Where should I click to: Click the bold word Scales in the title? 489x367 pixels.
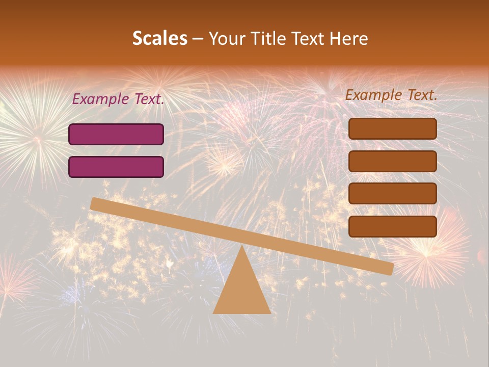(159, 39)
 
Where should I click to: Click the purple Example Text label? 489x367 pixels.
(118, 99)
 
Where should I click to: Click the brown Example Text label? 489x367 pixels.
(391, 95)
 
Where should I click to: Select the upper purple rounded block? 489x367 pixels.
(116, 134)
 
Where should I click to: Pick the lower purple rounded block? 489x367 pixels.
(116, 167)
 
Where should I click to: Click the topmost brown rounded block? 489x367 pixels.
(392, 128)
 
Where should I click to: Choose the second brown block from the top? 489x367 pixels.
(392, 161)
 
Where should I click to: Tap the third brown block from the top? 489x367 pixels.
(392, 194)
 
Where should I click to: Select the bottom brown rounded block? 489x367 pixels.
(392, 226)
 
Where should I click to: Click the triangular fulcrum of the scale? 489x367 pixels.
(241, 291)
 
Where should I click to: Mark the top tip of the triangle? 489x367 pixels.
(241, 247)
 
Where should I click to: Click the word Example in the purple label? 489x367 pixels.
(101, 99)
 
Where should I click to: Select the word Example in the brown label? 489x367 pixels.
(374, 95)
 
